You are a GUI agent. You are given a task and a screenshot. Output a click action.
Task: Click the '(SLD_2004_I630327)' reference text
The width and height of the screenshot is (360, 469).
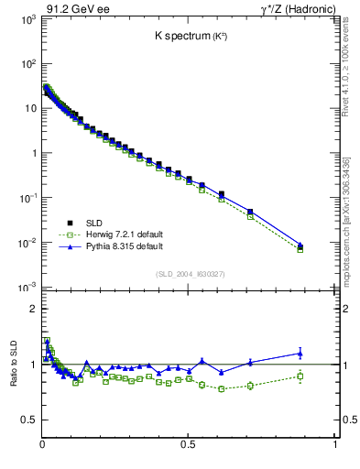pyautogui.click(x=188, y=273)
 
